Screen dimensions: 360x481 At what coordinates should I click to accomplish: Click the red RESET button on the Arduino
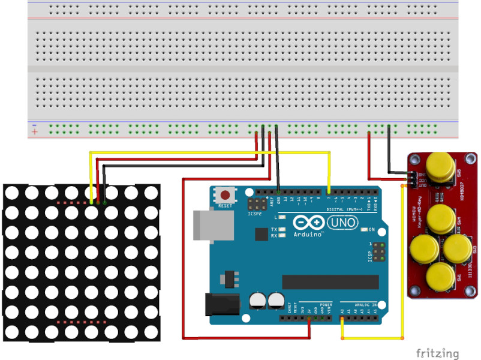pyautogui.click(x=226, y=194)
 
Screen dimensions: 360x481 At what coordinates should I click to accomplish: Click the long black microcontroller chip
pyautogui.click(x=330, y=281)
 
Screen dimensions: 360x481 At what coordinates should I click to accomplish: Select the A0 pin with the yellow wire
pyautogui.click(x=342, y=318)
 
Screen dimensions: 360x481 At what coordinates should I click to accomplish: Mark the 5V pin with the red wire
pyautogui.click(x=309, y=318)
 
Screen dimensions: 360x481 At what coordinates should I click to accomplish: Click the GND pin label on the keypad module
pyautogui.click(x=422, y=173)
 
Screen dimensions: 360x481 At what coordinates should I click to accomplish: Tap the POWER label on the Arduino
pyautogui.click(x=326, y=305)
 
